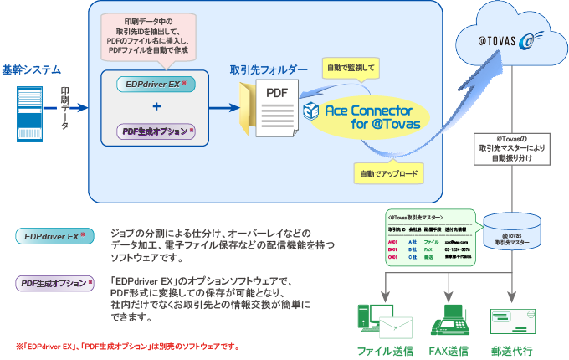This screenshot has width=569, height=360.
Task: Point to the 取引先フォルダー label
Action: [269, 69]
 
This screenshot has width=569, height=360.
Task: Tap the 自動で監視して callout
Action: [351, 65]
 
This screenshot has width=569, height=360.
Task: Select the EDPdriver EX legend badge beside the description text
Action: [56, 237]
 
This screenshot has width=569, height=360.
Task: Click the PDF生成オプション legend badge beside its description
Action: [56, 284]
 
